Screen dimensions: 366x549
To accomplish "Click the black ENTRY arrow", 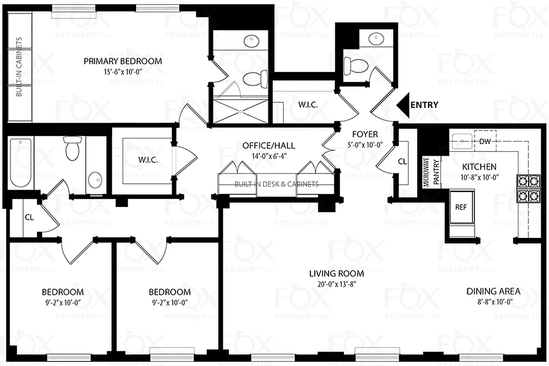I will [403, 105].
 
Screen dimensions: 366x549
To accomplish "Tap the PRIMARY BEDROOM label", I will [123, 61].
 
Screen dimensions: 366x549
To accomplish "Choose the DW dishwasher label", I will [485, 141].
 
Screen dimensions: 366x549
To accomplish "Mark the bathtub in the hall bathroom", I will [20, 163].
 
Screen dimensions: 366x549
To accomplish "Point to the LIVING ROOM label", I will [336, 274].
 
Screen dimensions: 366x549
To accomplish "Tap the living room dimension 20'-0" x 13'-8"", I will [336, 284].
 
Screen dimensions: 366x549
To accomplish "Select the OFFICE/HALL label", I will [269, 146].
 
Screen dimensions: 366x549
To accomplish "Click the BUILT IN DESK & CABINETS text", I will [276, 184].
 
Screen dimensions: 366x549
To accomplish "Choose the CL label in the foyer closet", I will [402, 161].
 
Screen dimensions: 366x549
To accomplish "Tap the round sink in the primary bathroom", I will [251, 42].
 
